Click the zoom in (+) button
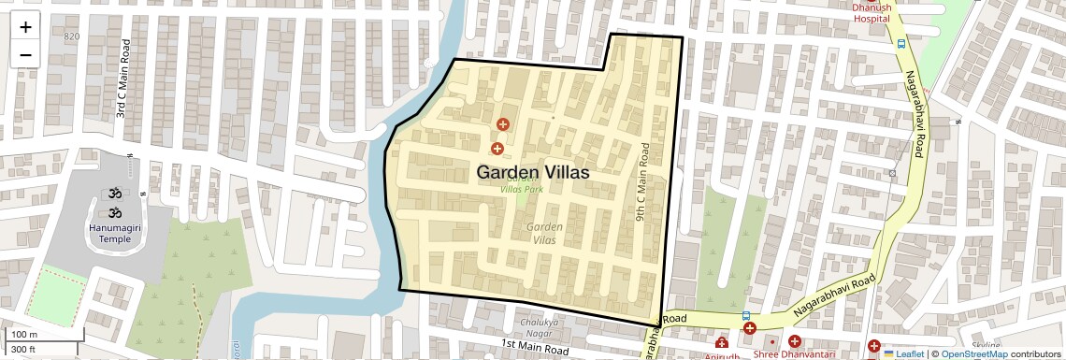pos(25,27)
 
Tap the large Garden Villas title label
pos(533,172)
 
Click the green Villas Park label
pos(522,189)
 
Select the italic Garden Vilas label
pos(544,234)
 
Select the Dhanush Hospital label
pos(870,11)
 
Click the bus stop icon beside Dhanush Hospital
pos(900,43)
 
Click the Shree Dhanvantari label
pos(795,354)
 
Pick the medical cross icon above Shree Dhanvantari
pos(795,341)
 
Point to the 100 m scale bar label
pos(24,335)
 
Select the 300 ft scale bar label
pos(24,350)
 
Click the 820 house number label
pos(72,36)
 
